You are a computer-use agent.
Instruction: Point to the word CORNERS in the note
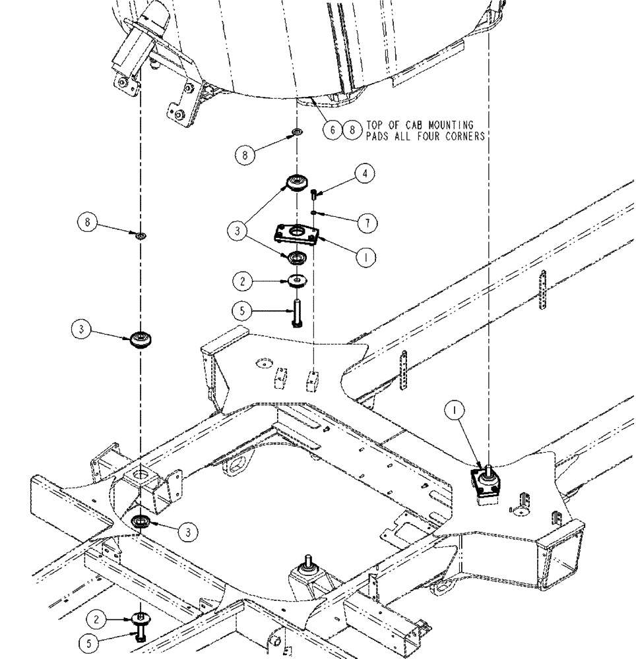pos(463,136)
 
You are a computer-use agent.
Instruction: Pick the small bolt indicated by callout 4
pos(313,193)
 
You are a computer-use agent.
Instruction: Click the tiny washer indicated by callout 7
pos(314,212)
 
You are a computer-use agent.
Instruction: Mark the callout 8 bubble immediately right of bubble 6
pos(354,130)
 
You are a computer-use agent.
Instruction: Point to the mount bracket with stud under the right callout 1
pos(489,484)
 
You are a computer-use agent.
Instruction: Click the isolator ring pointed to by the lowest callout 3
pos(142,523)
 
